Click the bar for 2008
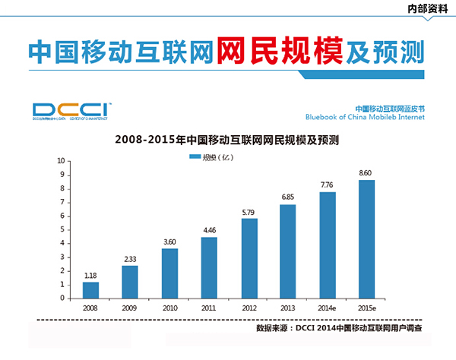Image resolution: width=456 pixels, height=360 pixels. [91, 289]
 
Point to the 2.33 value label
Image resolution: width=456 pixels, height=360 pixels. [131, 259]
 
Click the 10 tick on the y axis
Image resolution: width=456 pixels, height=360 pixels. [61, 161]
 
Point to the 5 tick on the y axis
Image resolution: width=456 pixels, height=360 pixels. [62, 229]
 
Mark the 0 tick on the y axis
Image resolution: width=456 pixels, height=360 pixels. [62, 298]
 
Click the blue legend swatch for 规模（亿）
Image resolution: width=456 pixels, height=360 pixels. [193, 157]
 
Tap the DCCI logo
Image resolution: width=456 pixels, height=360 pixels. [72, 109]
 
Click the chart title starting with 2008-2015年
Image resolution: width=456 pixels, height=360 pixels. [226, 140]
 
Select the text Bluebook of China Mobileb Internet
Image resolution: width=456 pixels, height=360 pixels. [365, 118]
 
